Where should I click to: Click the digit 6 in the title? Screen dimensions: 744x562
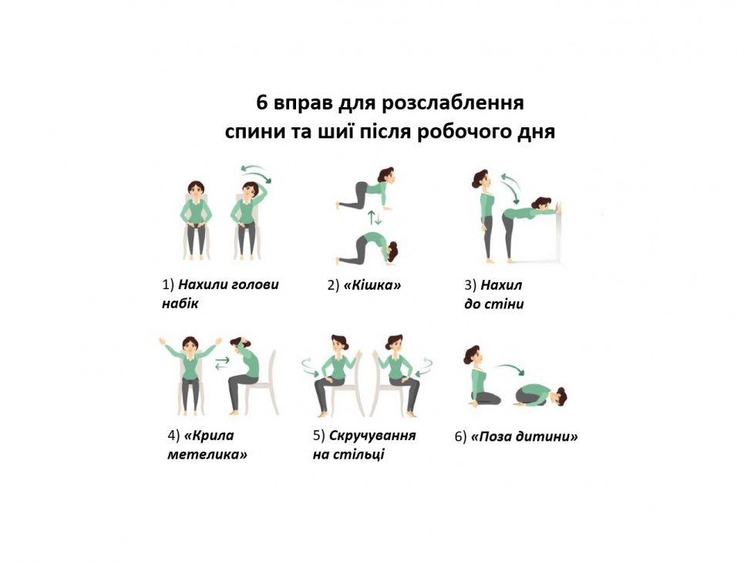coord(262,103)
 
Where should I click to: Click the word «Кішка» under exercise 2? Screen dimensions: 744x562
coord(372,285)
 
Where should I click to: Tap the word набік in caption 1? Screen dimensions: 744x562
coord(180,304)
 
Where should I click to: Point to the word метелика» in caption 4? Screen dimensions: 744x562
coord(207,454)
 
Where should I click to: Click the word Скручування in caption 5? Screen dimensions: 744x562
coord(372,436)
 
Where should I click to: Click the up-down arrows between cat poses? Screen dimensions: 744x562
coord(375,218)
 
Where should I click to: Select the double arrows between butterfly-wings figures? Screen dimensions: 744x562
coord(221,363)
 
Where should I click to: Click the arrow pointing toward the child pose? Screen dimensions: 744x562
coord(510,368)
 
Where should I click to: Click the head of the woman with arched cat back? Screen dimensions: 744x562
coord(392,251)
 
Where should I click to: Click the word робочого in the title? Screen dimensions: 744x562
coord(462,132)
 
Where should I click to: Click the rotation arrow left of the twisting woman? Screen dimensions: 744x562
coord(310,367)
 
